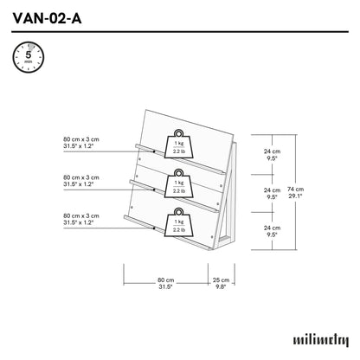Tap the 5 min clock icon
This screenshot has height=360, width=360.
pos(25,58)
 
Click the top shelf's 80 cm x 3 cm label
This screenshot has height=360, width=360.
pos(82,143)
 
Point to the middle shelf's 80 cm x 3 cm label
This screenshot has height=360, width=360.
pos(82,181)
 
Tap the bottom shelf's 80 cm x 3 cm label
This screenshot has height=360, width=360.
pos(82,219)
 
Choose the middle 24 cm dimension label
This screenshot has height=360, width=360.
pos(271,193)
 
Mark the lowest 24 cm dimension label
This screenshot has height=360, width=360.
pos(271,230)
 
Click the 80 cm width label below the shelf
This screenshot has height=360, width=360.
pos(165,284)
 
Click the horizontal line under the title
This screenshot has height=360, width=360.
pos(180,32)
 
